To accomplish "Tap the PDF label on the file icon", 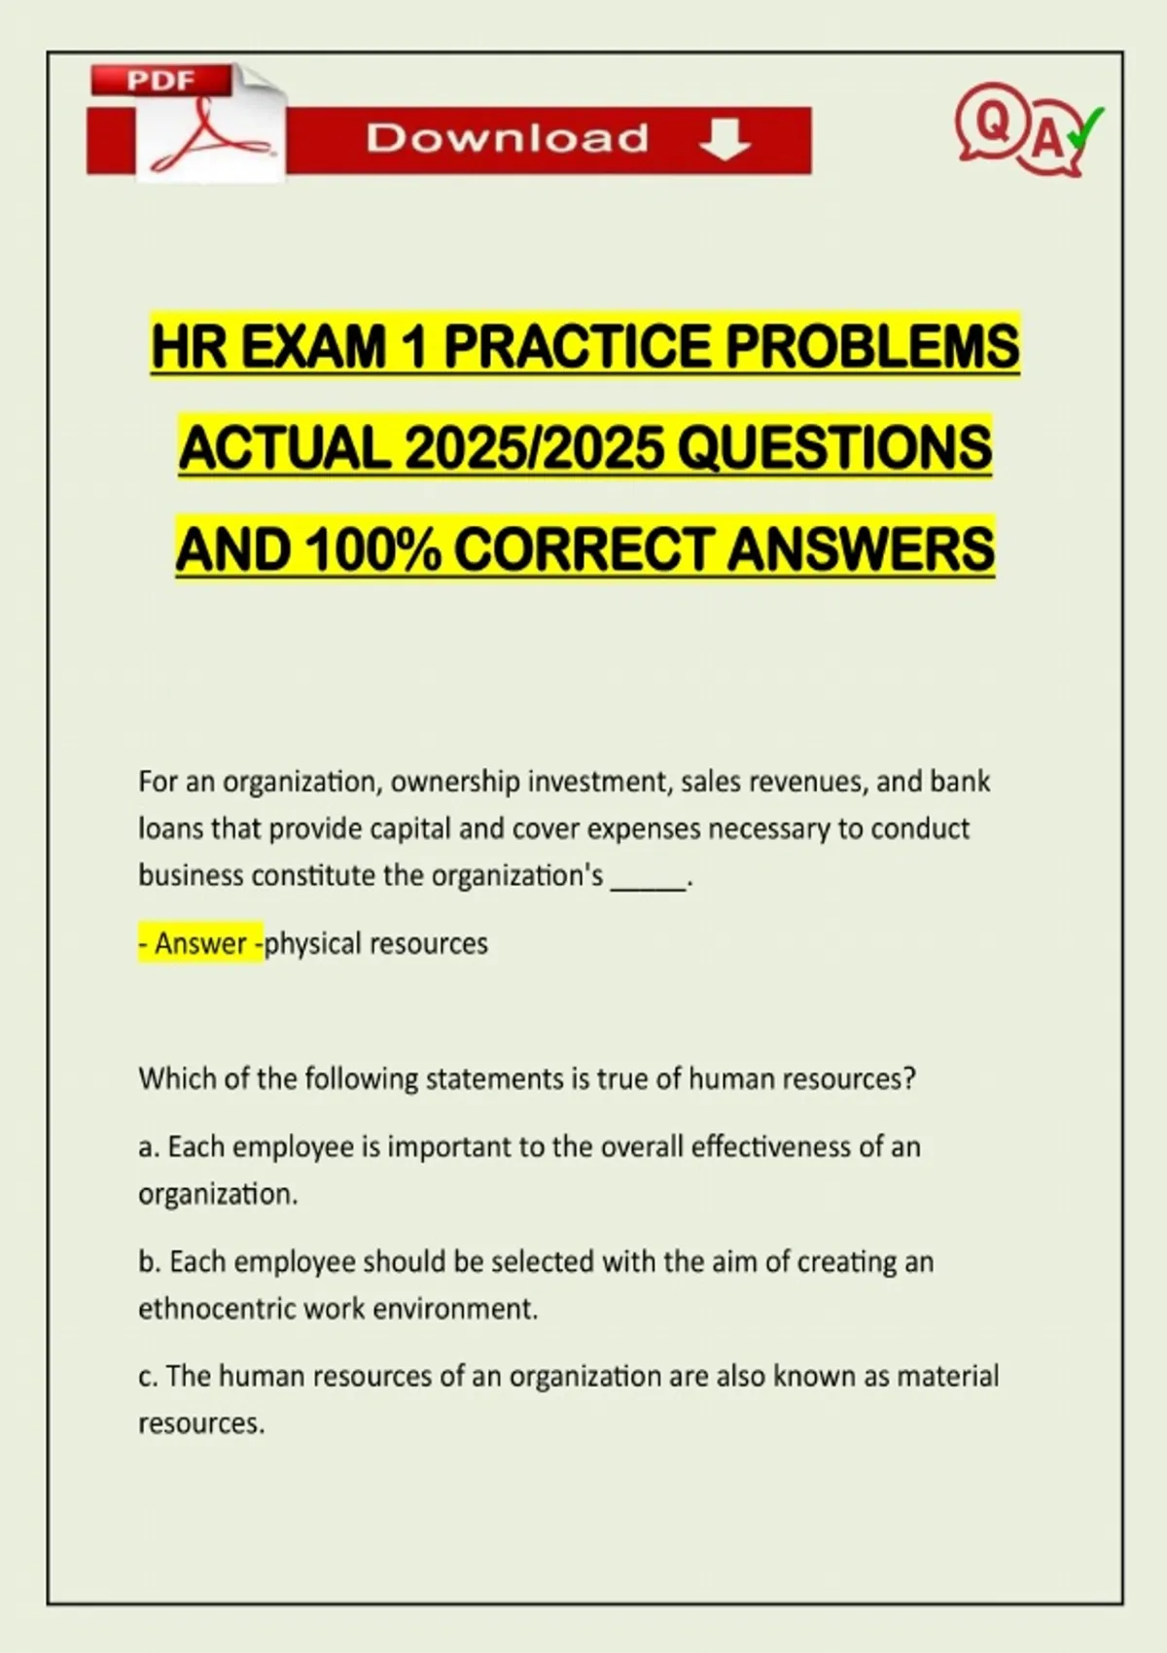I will point(160,81).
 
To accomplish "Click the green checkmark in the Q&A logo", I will point(1085,127).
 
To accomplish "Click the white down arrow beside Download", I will point(725,140).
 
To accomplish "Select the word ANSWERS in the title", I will point(861,548).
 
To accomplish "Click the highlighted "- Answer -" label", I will point(200,943).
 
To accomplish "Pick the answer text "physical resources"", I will point(376,943).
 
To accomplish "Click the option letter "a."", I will point(149,1147).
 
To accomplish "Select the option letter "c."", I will point(148,1377).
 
